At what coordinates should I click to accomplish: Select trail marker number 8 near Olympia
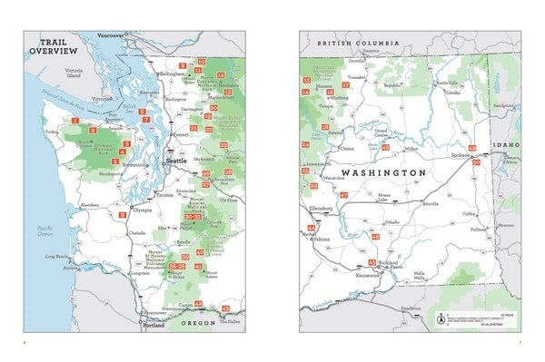point(122,214)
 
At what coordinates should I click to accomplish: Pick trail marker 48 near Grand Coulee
point(385,147)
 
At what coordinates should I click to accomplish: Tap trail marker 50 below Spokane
point(476,162)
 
